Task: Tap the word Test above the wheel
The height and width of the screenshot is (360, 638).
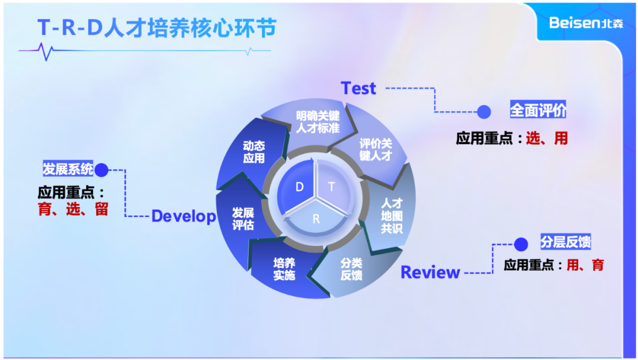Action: pyautogui.click(x=359, y=89)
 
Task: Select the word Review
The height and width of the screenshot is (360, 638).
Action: pyautogui.click(x=430, y=273)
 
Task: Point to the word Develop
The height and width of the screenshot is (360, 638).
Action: pyautogui.click(x=184, y=216)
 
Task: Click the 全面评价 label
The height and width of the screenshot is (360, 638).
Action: pyautogui.click(x=538, y=111)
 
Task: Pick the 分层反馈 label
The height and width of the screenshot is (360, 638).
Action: pyautogui.click(x=565, y=242)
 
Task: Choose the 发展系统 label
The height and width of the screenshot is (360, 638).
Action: pyautogui.click(x=67, y=169)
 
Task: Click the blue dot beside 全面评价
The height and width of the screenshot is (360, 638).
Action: pyautogui.click(x=484, y=111)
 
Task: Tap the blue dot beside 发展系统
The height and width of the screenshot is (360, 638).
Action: pyautogui.click(x=102, y=170)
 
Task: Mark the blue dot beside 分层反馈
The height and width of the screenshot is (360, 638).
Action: pyautogui.click(x=520, y=244)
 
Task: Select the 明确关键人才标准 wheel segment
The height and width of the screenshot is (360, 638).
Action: pyautogui.click(x=318, y=122)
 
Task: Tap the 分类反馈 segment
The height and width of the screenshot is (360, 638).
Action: pyautogui.click(x=351, y=270)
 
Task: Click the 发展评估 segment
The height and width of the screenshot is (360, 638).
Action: pyautogui.click(x=243, y=219)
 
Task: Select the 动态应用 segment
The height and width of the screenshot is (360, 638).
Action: pyautogui.click(x=254, y=152)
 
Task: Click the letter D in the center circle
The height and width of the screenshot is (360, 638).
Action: pyautogui.click(x=300, y=187)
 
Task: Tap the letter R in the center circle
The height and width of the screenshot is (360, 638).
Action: pyautogui.click(x=316, y=219)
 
